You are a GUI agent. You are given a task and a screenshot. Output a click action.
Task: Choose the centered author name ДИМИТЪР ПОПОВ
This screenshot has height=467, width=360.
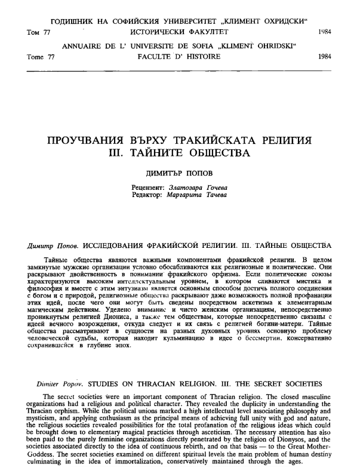(179, 173)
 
